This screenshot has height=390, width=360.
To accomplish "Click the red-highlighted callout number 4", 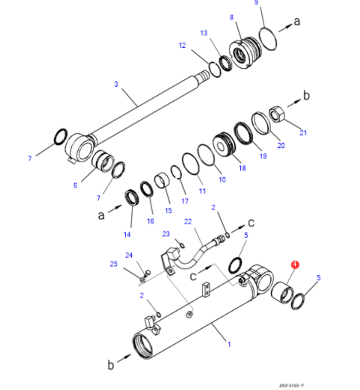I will [x=295, y=264].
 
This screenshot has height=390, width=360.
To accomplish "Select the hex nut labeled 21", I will [x=277, y=115].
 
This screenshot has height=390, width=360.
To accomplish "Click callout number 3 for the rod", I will [x=116, y=84].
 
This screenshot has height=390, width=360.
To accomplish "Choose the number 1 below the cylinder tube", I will [x=229, y=344].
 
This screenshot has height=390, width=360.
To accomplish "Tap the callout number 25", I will [x=114, y=264].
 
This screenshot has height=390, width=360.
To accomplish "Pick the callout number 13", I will [x=204, y=33].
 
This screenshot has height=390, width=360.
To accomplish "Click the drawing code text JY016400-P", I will [x=292, y=385].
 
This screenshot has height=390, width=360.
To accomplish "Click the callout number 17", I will [x=185, y=201].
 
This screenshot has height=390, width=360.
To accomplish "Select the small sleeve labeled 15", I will [x=163, y=180].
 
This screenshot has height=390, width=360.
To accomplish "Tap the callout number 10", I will [x=222, y=179].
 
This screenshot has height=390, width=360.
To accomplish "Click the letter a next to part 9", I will [x=298, y=21].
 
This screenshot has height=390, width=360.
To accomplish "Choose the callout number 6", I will [x=75, y=185].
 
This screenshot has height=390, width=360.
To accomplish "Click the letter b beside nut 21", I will [x=307, y=95].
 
